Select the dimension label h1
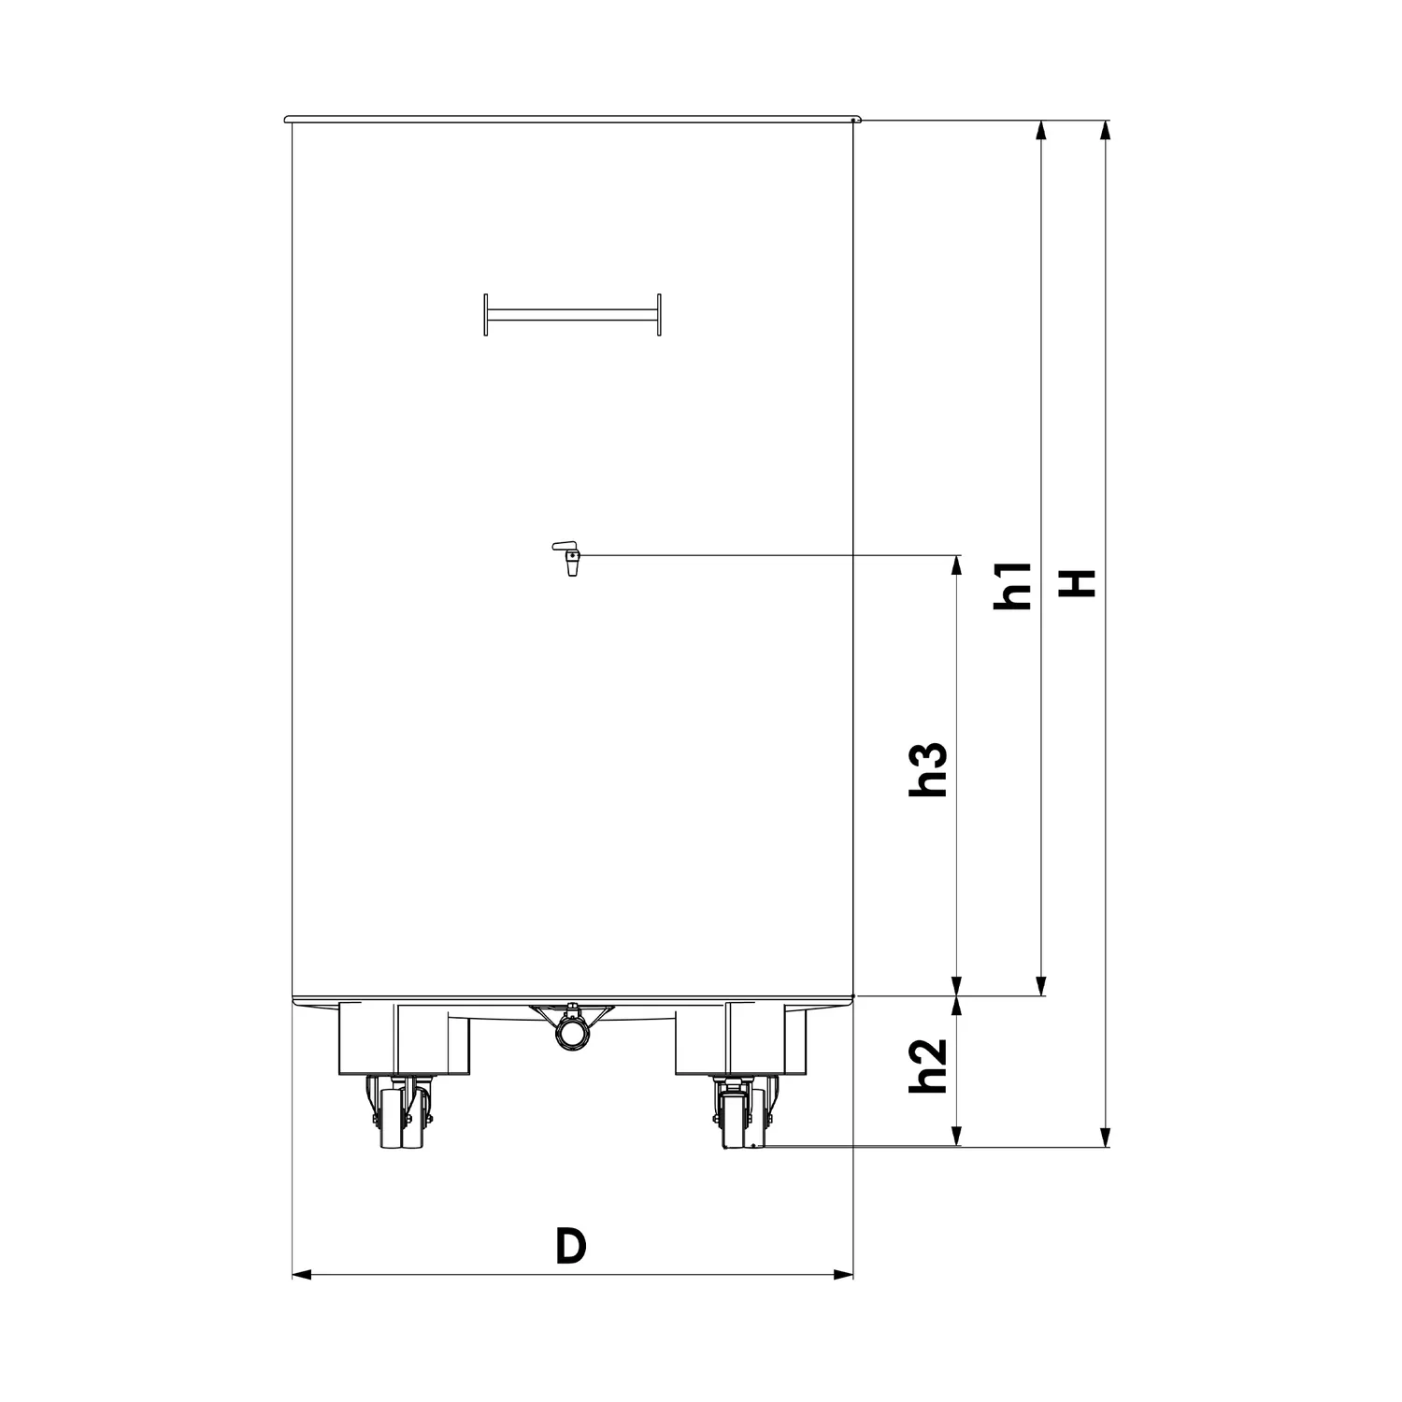pos(1011,585)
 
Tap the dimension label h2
pos(929,1066)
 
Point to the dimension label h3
pos(929,769)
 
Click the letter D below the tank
pos(570,1246)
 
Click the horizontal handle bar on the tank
pos(572,314)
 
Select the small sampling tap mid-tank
pos(568,558)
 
